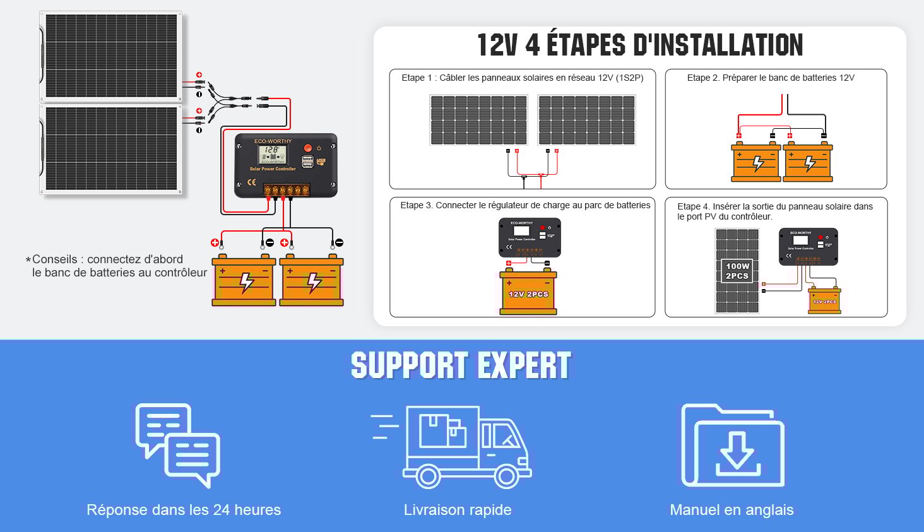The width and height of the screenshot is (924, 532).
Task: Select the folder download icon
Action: click(733, 446)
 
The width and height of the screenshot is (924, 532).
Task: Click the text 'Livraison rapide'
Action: click(458, 510)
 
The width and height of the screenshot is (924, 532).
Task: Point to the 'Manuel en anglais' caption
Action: click(731, 510)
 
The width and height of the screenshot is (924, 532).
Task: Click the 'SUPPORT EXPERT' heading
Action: click(461, 366)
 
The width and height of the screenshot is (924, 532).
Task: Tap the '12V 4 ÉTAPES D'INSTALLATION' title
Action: click(639, 45)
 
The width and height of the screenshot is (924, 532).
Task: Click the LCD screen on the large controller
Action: click(273, 153)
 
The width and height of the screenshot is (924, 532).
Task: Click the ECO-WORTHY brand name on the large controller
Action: click(273, 141)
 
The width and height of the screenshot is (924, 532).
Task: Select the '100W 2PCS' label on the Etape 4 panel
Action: click(737, 271)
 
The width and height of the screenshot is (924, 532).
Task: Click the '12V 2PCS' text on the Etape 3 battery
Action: click(528, 294)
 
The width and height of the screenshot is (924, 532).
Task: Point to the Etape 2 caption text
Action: click(771, 78)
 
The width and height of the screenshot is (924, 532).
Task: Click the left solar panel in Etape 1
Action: click(478, 120)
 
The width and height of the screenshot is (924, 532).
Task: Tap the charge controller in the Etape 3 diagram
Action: click(530, 237)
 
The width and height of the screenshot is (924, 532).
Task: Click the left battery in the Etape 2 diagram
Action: click(756, 163)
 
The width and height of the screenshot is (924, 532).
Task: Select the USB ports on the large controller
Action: click(307, 161)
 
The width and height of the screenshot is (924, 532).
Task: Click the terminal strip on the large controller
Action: click(287, 190)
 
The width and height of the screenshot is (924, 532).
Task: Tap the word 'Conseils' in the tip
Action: click(55, 259)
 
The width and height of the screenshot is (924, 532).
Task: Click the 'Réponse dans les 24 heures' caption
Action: click(184, 510)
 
